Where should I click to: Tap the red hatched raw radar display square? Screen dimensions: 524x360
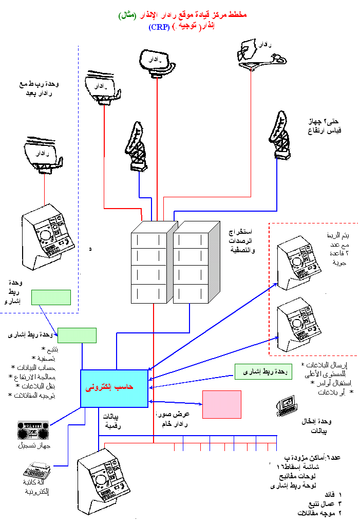221,404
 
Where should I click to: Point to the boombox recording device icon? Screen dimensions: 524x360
33,431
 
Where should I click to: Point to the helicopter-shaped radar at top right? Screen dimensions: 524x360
260,54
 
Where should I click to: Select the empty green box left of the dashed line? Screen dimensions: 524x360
51,297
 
